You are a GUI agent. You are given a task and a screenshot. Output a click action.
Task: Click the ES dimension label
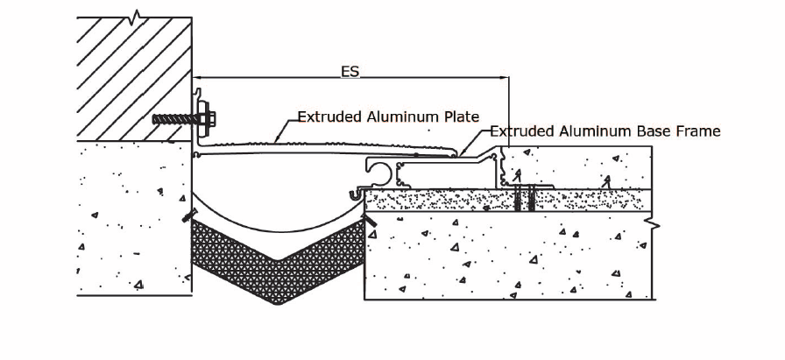[x=350, y=72]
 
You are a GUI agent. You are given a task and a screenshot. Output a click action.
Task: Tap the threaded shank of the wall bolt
[x=175, y=118]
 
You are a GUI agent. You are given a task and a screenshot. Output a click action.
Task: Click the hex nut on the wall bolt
[x=209, y=118]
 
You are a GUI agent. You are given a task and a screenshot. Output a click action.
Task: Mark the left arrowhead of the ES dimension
[x=196, y=78]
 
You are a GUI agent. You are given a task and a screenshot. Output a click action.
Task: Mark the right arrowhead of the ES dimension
[x=505, y=78]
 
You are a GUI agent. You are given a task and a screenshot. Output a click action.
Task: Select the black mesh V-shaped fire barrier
[x=279, y=260]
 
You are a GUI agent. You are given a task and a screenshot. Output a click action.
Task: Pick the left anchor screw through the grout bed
[x=518, y=198]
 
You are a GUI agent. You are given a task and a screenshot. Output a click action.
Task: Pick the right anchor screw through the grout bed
[x=532, y=198]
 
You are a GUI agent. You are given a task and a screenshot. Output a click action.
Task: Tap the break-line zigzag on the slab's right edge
[x=653, y=224]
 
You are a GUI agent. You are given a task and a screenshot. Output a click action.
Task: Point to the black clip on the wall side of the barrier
[x=187, y=215]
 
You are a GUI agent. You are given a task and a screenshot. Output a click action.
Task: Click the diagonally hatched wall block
[x=134, y=79]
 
